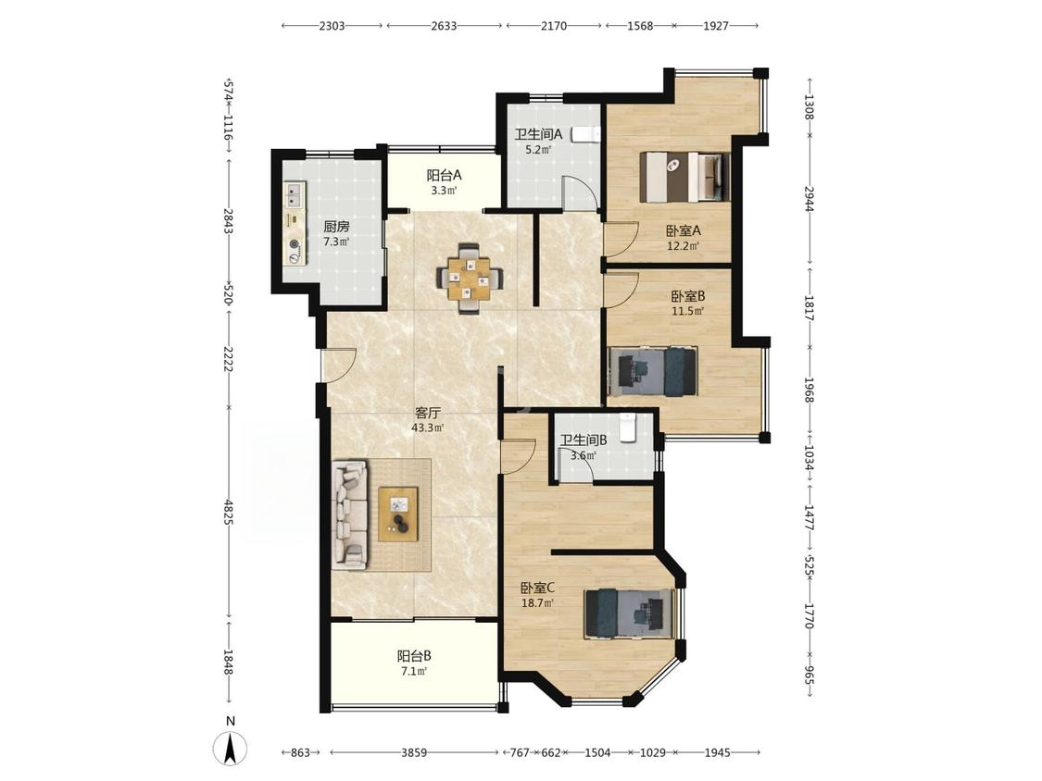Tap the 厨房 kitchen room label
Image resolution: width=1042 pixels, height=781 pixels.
[x=337, y=227]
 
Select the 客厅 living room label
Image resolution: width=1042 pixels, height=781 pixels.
[x=427, y=413]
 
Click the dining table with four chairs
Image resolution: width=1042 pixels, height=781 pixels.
[x=470, y=279]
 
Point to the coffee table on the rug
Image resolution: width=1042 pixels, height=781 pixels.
[x=398, y=514]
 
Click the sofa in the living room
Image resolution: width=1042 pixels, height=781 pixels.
[x=350, y=516]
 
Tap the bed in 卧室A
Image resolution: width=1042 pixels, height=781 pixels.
[x=684, y=177]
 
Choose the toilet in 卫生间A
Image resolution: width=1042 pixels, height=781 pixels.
[x=584, y=134]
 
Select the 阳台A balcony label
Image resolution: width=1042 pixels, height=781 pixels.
[x=444, y=175]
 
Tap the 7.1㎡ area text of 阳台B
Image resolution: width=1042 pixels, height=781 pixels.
[x=413, y=672]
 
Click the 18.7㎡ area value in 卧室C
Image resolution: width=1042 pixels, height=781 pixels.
[x=538, y=603]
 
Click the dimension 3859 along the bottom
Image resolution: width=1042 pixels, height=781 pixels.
[x=414, y=752]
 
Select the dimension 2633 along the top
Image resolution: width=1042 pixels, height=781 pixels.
[x=444, y=26]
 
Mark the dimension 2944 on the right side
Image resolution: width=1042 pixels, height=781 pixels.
[x=809, y=199]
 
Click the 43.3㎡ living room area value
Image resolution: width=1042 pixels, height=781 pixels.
[x=427, y=428]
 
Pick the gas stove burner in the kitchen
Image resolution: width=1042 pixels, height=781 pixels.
[x=294, y=251]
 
